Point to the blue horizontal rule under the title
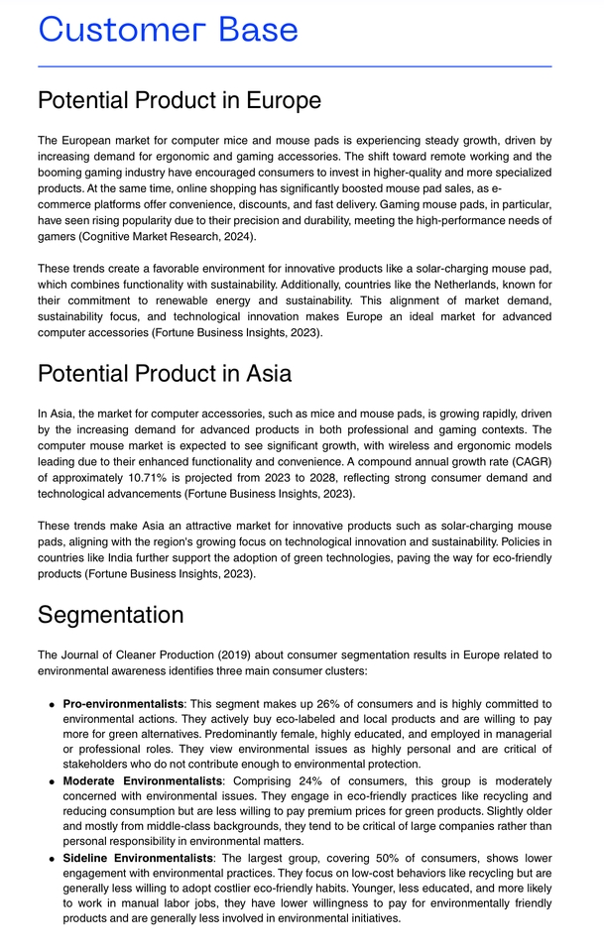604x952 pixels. click(294, 66)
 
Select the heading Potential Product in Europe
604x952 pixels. click(179, 100)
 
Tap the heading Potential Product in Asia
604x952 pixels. click(164, 373)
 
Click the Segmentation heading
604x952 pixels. click(110, 614)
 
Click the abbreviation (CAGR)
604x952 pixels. click(529, 461)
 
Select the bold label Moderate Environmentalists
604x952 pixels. click(143, 781)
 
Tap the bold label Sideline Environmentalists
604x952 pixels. click(138, 857)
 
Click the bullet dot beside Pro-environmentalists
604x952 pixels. click(51, 704)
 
